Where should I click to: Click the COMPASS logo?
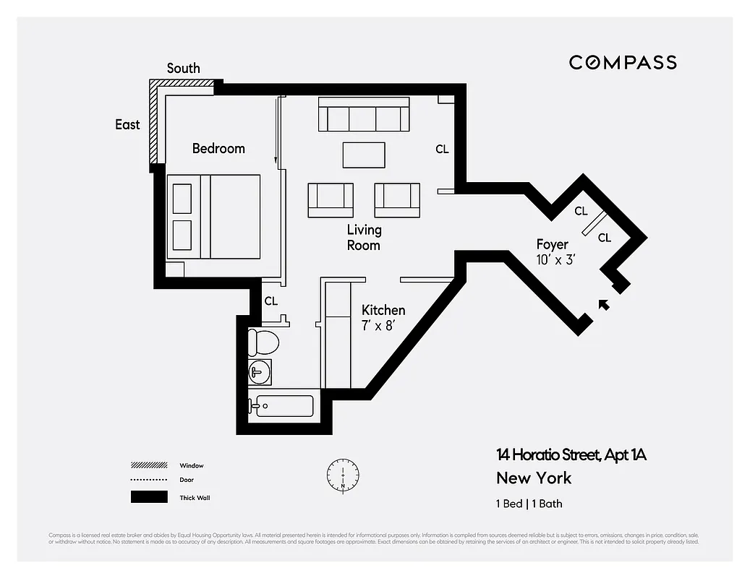click(x=623, y=62)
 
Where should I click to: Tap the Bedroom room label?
click(x=218, y=148)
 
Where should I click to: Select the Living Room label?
click(x=364, y=237)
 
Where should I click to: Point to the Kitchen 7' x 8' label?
click(x=383, y=317)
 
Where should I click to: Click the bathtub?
click(x=283, y=405)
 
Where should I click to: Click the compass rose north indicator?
click(x=342, y=475)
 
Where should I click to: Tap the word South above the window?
click(x=184, y=68)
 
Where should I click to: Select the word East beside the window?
click(x=127, y=124)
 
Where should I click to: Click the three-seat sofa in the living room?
click(x=364, y=118)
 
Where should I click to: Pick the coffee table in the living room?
click(x=364, y=155)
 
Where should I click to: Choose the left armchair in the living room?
click(x=331, y=199)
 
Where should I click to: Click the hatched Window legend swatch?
click(x=148, y=465)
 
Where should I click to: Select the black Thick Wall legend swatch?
click(x=148, y=497)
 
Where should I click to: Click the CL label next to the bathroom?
click(x=270, y=301)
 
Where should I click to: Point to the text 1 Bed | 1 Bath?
click(x=529, y=504)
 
